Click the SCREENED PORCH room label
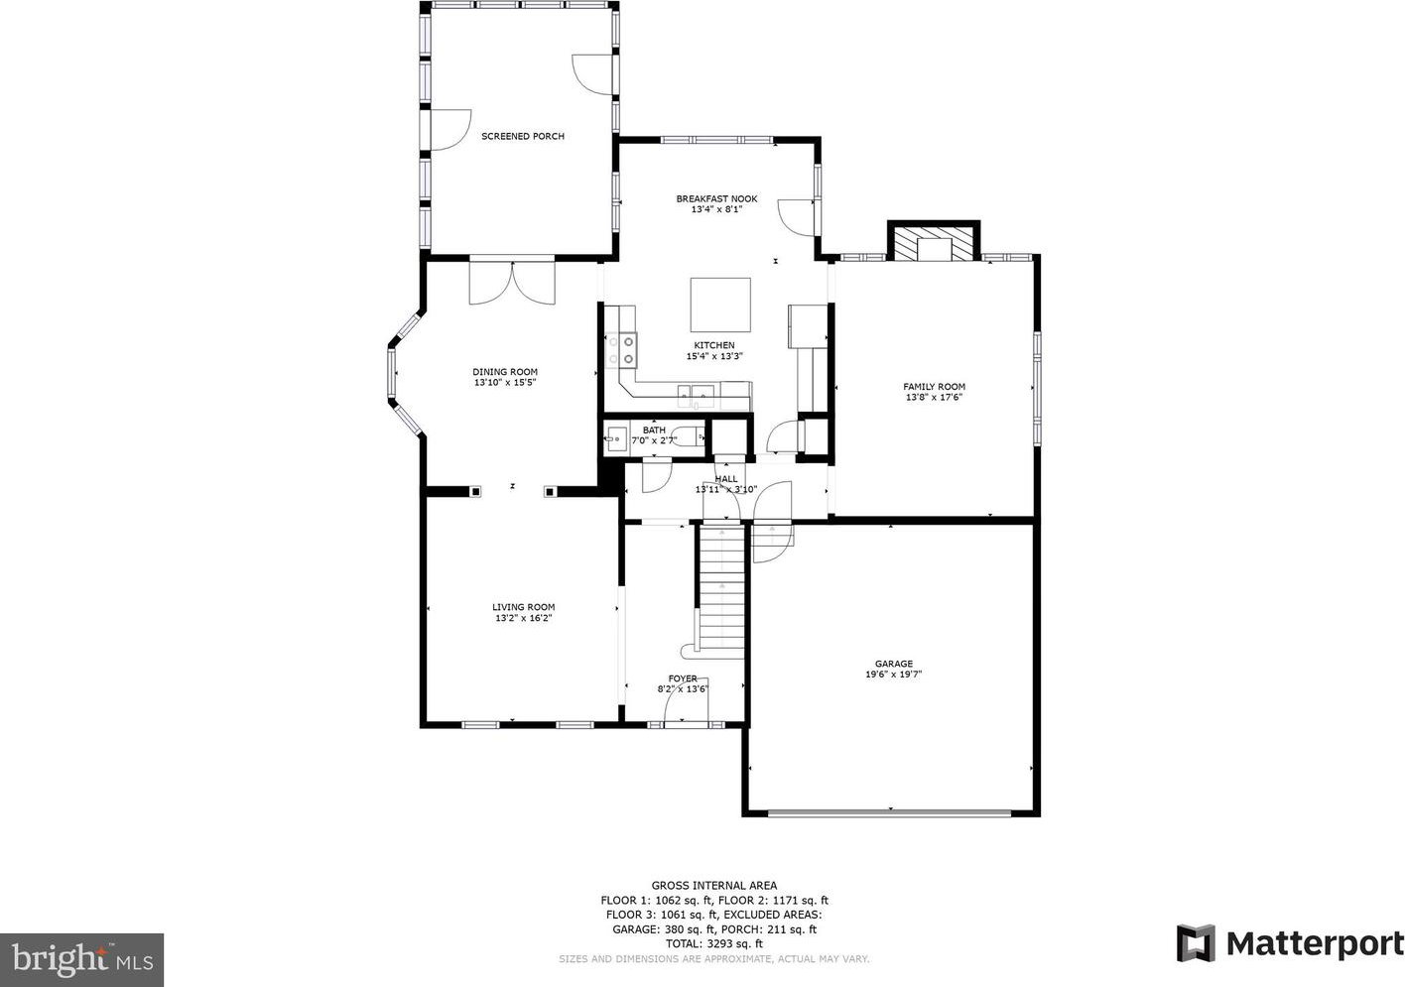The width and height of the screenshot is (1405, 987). click(523, 136)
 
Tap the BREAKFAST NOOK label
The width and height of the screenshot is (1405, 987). click(716, 198)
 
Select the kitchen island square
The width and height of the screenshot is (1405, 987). click(720, 305)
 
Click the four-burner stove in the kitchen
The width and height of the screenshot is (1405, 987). click(621, 350)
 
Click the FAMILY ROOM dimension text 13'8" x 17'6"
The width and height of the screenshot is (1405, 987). click(934, 397)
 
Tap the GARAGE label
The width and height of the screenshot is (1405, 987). click(894, 664)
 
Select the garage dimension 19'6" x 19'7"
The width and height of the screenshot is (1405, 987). click(894, 675)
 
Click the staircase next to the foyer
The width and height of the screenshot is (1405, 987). click(721, 592)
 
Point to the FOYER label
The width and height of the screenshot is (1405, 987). click(683, 679)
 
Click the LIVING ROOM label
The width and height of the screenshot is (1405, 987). click(523, 607)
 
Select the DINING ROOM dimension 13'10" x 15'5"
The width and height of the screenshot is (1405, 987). click(505, 382)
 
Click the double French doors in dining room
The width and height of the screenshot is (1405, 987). click(512, 282)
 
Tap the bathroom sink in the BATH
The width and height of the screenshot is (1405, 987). click(615, 438)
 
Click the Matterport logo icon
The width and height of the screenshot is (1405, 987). click(1196, 943)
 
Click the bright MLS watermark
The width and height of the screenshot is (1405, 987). click(81, 960)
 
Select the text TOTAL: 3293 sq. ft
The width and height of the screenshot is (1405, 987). click(713, 943)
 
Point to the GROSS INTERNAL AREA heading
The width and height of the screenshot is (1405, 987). click(713, 886)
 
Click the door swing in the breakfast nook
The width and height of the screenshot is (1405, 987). click(796, 217)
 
